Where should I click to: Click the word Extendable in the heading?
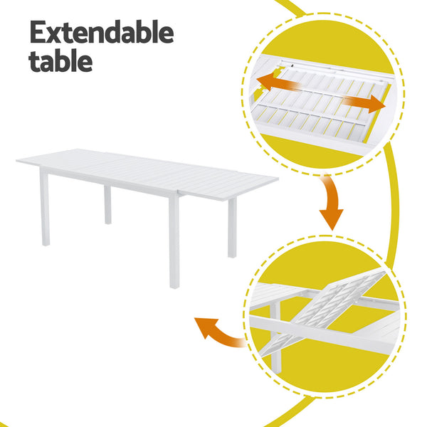click(x=101, y=33)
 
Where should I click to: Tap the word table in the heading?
click(x=60, y=60)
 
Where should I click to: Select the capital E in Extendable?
click(x=38, y=33)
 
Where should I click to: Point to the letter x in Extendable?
click(x=56, y=34)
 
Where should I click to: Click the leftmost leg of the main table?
click(x=45, y=208)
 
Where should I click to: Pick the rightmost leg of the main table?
click(x=232, y=226)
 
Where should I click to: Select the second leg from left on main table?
click(x=107, y=205)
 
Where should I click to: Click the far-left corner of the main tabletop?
click(x=19, y=162)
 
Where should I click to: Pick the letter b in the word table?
click(x=68, y=60)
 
